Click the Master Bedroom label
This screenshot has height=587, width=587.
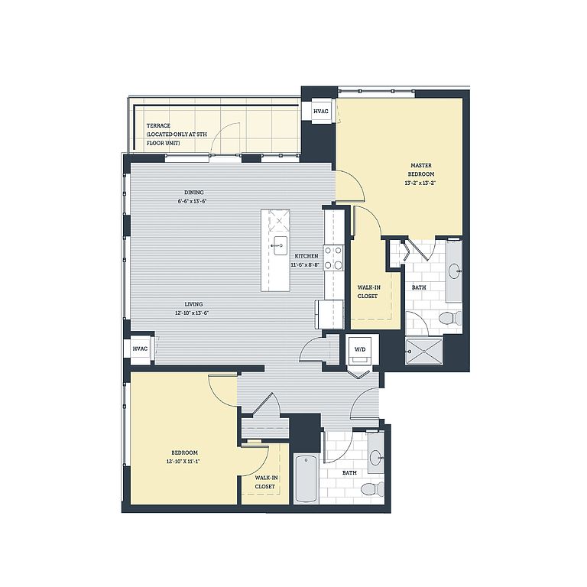421,170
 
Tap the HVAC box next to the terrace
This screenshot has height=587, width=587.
321,111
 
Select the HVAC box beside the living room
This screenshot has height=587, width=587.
140,349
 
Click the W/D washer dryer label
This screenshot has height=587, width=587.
360,349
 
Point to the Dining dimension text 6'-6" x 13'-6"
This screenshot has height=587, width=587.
193,201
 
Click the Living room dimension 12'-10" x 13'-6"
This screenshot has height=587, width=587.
192,313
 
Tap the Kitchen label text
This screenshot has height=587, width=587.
306,256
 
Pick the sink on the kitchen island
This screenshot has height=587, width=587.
280,245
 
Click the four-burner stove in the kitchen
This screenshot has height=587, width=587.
334,258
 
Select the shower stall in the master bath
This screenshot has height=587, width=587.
423,351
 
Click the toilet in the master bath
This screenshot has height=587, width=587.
451,318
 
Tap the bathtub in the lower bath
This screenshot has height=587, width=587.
306,478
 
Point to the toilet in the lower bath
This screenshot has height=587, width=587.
372,489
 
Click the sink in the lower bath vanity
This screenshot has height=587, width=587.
375,457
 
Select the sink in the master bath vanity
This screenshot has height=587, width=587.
454,271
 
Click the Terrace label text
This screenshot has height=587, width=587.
158,126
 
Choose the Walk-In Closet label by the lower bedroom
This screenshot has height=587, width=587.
265,482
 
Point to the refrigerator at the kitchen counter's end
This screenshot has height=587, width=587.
330,314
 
